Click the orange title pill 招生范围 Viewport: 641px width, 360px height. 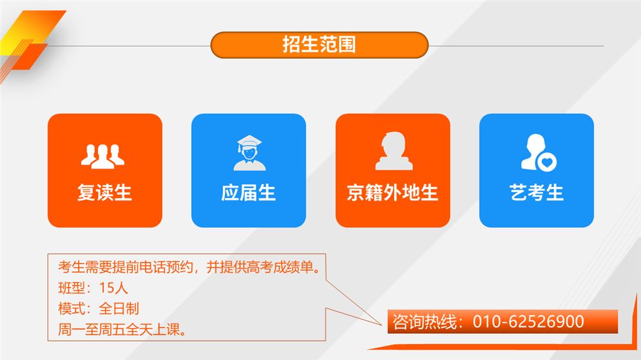tap(319, 45)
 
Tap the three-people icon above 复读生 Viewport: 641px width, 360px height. tap(103, 156)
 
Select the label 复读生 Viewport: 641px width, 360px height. tap(104, 192)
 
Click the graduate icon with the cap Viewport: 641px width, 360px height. tap(249, 153)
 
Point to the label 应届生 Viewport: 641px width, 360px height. tap(249, 192)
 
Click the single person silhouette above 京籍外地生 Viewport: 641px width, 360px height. tap(394, 151)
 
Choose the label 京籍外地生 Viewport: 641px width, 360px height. tap(392, 192)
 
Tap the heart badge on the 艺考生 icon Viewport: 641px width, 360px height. tap(547, 162)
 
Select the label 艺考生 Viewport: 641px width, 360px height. tap(537, 192)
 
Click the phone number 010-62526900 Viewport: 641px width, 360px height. tap(528, 322)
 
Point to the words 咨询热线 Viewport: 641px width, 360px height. tap(424, 322)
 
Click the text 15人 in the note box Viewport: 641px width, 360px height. tap(113, 288)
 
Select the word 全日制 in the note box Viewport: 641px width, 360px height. tap(119, 308)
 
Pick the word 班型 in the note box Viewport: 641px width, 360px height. tap(72, 288)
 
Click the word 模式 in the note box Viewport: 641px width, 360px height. tap(72, 308)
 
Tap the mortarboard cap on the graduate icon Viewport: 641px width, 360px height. tap(249, 142)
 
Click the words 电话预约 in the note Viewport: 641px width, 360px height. tap(166, 267)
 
